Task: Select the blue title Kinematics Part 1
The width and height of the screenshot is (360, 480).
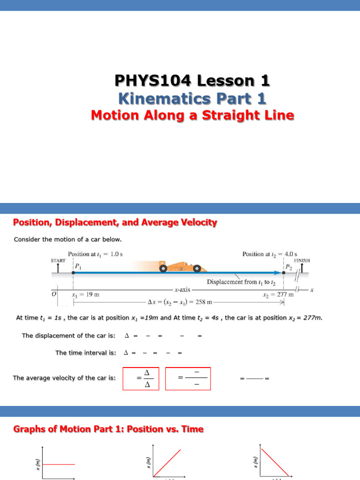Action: click(192, 98)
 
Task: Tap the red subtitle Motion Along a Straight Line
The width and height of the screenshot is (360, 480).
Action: click(192, 115)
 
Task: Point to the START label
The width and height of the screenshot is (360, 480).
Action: click(58, 260)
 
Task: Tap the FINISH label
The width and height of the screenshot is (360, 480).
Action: click(301, 260)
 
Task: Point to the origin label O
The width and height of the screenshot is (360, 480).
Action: click(54, 294)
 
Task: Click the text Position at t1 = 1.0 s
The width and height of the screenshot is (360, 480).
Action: click(96, 254)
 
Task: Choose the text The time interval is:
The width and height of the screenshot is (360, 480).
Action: click(86, 352)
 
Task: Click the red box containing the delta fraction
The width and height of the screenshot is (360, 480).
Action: click(141, 378)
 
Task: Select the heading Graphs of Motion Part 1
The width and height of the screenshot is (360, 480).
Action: click(108, 429)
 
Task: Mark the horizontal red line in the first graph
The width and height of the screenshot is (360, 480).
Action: click(59, 464)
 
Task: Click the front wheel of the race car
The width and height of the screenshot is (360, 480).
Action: click(198, 269)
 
